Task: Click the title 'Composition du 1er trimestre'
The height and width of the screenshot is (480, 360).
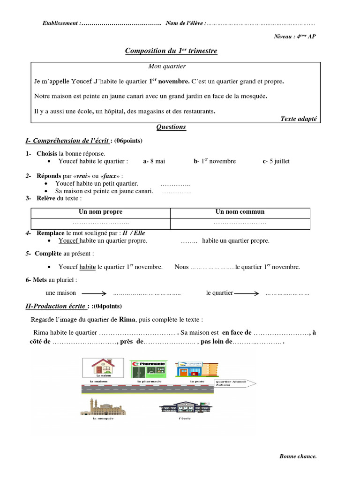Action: (x=171, y=51)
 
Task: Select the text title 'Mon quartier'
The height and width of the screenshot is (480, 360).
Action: (x=167, y=67)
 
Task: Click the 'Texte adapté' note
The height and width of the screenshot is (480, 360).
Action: (x=299, y=119)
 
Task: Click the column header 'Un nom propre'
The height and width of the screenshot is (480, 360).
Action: (x=100, y=212)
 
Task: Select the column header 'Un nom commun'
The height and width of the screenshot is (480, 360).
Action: (x=240, y=212)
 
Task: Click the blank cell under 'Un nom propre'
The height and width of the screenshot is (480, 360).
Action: (x=100, y=224)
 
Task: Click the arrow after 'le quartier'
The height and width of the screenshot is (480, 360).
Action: (x=247, y=293)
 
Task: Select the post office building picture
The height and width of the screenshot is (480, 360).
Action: (x=196, y=369)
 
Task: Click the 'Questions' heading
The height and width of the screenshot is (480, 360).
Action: (x=171, y=127)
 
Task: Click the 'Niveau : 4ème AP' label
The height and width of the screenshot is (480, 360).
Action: (x=295, y=37)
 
